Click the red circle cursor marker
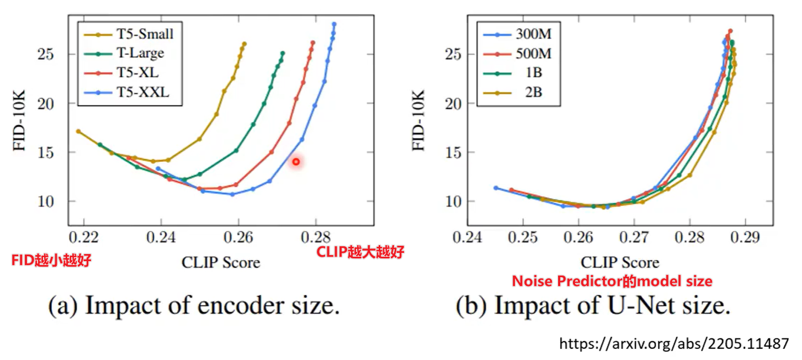(x=296, y=162)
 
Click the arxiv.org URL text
(x=674, y=344)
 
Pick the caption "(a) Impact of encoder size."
(x=194, y=306)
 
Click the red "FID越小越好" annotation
(x=51, y=261)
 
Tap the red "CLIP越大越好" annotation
(x=360, y=253)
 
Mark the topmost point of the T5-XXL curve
(x=334, y=24)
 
